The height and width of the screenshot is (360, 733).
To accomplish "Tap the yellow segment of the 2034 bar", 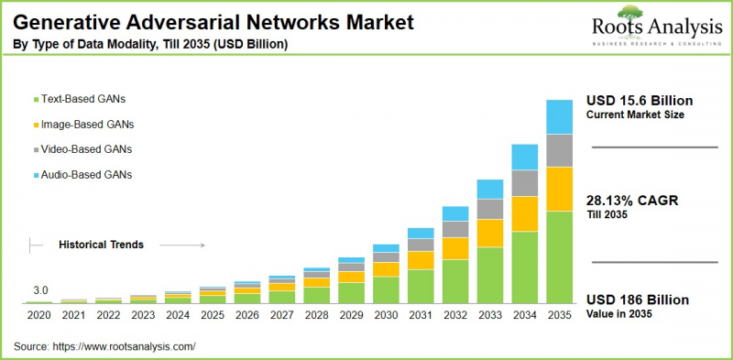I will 524,213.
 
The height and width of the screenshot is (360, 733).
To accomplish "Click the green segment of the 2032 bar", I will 454,280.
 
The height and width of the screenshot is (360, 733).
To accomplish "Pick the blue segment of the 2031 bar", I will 421,233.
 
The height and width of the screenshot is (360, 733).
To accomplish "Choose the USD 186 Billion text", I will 638,300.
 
